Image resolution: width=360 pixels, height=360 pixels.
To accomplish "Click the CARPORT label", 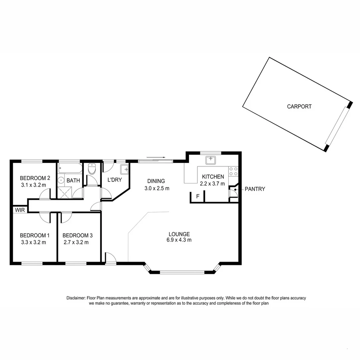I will (299, 107).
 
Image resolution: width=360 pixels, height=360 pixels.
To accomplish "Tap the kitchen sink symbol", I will (211, 160).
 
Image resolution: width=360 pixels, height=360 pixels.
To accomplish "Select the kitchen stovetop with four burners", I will (233, 171).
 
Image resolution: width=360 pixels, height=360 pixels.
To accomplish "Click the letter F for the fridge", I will (198, 196).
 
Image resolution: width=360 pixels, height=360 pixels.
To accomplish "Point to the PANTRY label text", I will (255, 189).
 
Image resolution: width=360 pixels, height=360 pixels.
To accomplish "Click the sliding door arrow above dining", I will (156, 157).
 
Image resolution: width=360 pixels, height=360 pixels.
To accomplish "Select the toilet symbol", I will (92, 169).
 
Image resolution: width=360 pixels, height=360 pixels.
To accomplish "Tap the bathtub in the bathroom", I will (70, 168).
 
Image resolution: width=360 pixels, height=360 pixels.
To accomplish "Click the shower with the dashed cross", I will (65, 192).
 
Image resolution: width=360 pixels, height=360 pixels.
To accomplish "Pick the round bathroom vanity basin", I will (61, 180).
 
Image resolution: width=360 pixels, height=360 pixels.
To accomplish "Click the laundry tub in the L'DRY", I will (125, 170).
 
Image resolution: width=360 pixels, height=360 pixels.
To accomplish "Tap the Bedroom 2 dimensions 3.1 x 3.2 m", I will (33, 185).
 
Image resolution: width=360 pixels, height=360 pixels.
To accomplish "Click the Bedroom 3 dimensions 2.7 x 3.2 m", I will (76, 242).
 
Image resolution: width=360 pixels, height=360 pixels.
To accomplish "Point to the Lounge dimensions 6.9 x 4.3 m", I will (179, 240).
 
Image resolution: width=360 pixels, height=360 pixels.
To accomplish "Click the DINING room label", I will (156, 181).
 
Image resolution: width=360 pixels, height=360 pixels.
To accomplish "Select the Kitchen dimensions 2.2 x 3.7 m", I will (212, 183).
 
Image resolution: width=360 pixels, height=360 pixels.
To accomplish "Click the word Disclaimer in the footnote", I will (76, 298).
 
